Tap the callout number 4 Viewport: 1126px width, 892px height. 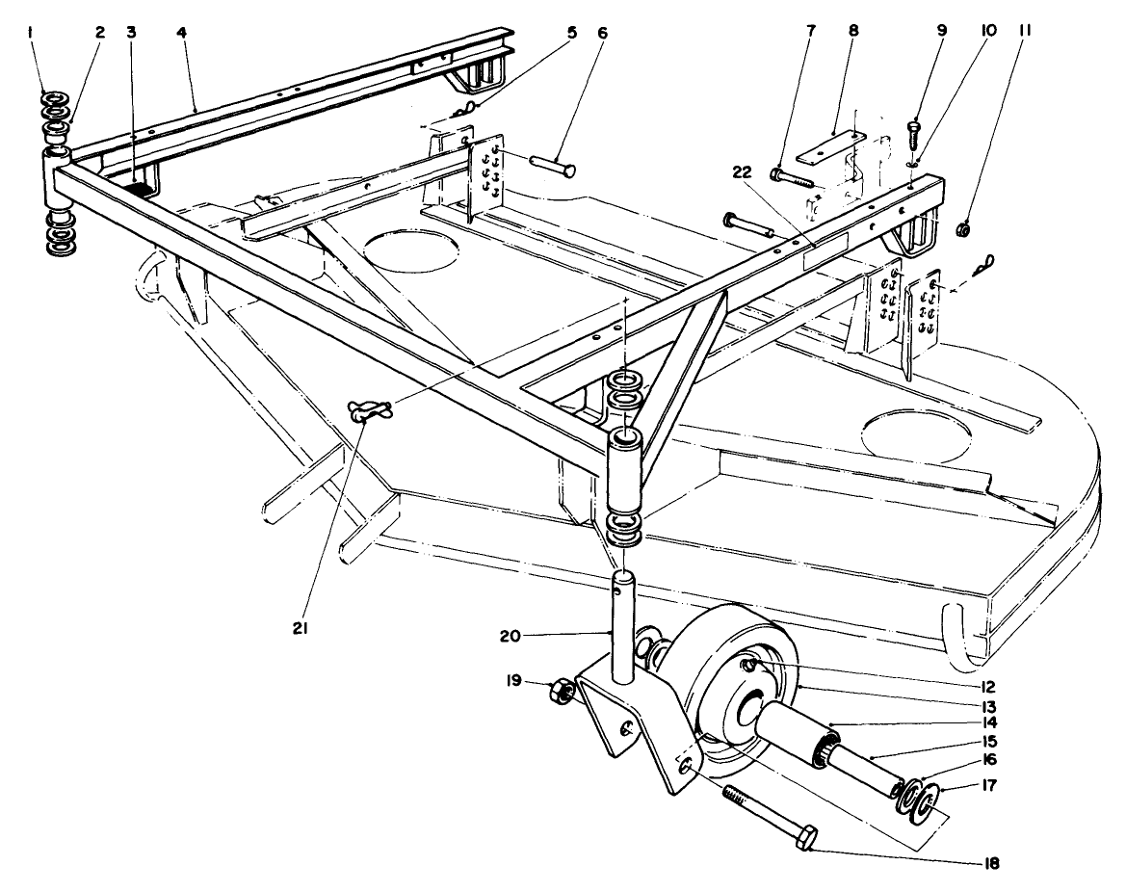coord(181,32)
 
